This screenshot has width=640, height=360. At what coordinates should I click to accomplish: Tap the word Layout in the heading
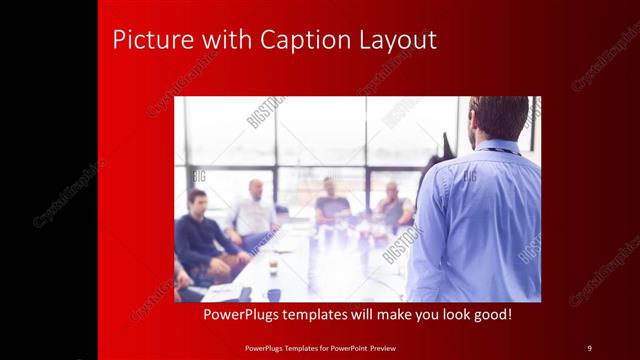(x=398, y=40)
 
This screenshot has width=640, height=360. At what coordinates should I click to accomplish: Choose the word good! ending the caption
(x=490, y=315)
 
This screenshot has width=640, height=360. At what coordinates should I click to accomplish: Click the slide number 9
(x=589, y=347)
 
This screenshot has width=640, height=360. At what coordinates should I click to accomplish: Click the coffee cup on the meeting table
(x=273, y=268)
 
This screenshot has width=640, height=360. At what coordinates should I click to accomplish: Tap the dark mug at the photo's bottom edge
(x=273, y=295)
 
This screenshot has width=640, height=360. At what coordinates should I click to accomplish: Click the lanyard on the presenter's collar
(x=496, y=151)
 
